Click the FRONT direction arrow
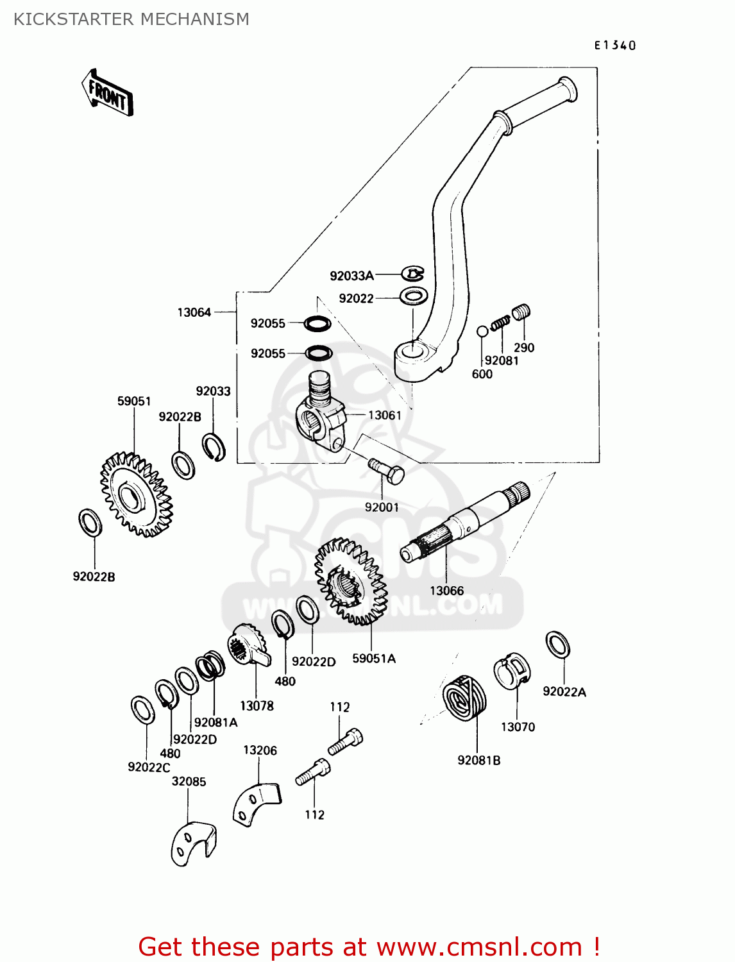107,93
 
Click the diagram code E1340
614,45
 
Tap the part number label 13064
194,312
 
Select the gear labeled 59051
136,494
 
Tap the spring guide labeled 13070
513,671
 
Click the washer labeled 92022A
557,645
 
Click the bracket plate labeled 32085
193,843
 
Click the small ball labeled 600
482,332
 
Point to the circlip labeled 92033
214,447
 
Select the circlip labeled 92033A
413,274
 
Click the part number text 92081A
215,722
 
